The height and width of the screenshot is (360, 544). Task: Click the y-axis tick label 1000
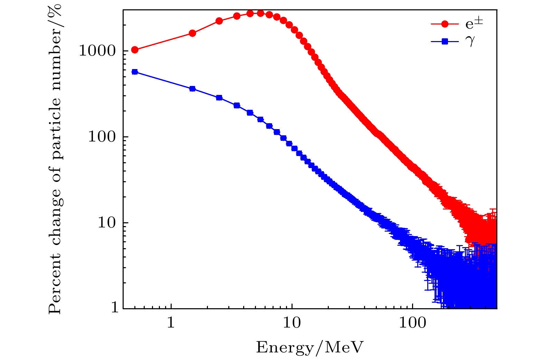coord(97,51)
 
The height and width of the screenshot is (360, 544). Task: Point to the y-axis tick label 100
coord(102,137)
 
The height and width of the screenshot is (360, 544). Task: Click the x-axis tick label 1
coord(171,323)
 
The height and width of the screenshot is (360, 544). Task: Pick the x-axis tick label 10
coord(292,323)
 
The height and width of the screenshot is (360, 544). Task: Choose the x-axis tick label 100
coord(412,323)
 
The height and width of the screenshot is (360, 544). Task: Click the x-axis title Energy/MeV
coord(310,347)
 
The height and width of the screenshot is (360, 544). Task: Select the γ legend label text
coord(470,41)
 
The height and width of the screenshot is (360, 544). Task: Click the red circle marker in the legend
coord(445,24)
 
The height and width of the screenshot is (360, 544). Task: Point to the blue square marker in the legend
coord(445,41)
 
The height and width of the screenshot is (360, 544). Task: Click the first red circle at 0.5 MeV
coord(135,50)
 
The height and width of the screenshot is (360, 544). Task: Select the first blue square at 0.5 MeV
coord(135,72)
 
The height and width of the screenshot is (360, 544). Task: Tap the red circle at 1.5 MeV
coord(192,33)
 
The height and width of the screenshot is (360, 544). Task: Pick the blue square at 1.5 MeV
coord(192,89)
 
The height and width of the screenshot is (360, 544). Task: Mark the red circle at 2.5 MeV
coord(219,21)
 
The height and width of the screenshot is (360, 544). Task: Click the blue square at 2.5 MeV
coord(219,98)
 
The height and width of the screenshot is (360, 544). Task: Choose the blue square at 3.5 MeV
coord(237,105)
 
